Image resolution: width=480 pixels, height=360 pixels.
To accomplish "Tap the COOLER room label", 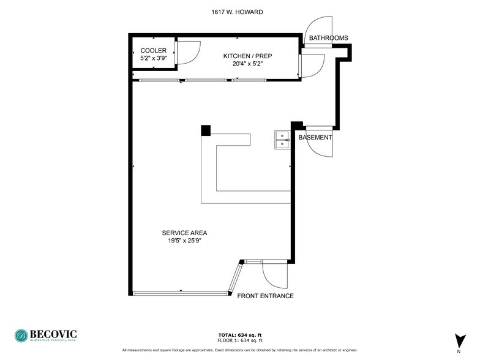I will (153, 50).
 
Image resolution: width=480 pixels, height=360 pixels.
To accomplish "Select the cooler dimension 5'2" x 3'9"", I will (153, 58).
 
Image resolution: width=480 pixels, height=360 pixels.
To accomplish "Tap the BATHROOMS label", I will (328, 38).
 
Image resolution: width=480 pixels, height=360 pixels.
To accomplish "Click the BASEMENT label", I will (315, 138).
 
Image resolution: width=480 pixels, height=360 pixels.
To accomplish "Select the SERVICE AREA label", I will (184, 233).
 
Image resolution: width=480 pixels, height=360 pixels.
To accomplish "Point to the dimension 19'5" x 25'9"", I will (184, 241).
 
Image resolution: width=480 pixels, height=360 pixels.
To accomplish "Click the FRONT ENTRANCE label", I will (265, 296).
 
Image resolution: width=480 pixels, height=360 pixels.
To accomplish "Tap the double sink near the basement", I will (282, 140).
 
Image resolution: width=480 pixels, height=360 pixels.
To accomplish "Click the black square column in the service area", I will (206, 130).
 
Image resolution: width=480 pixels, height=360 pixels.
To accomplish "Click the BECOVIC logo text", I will (54, 334).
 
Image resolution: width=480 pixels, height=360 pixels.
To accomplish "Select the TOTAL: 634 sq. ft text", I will (240, 335).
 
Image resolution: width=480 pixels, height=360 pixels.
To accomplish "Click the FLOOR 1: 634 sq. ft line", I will (240, 340).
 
